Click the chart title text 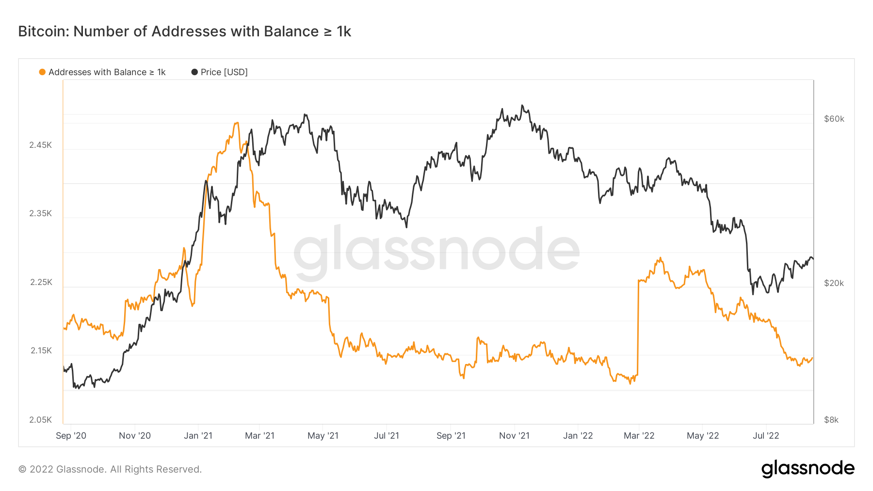[x=184, y=32]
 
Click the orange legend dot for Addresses [x=42, y=72]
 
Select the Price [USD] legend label [x=224, y=72]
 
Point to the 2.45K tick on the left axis [x=40, y=145]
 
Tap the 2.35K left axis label [x=40, y=213]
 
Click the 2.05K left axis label [x=40, y=420]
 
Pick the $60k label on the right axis [x=834, y=119]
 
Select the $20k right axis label [x=834, y=283]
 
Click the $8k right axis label [x=831, y=420]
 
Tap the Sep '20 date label [x=71, y=436]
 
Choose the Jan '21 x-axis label [x=198, y=436]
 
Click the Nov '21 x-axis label [x=514, y=436]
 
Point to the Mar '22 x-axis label [x=639, y=436]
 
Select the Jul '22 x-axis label [x=765, y=436]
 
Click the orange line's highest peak [x=237, y=123]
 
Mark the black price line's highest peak [x=522, y=105]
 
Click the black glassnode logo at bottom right [x=808, y=469]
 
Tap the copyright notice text [x=110, y=469]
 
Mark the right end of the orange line [x=812, y=358]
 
